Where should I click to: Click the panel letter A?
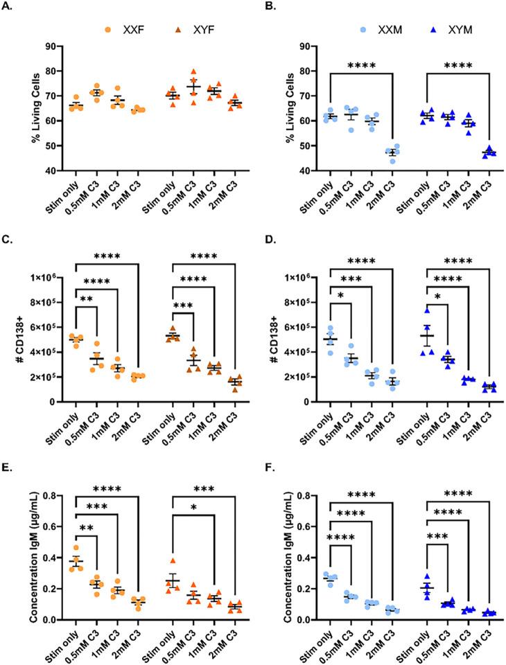click(8, 9)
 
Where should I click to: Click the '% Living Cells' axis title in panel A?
click(15, 108)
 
